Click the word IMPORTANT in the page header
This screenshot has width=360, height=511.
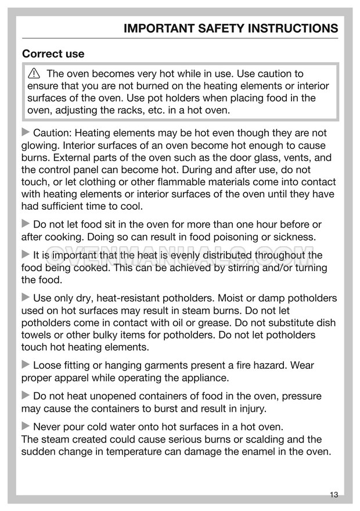click(159, 28)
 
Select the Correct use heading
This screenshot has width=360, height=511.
click(53, 54)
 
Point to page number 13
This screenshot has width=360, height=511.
click(333, 495)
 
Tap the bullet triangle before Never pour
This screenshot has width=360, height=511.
click(26, 427)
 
